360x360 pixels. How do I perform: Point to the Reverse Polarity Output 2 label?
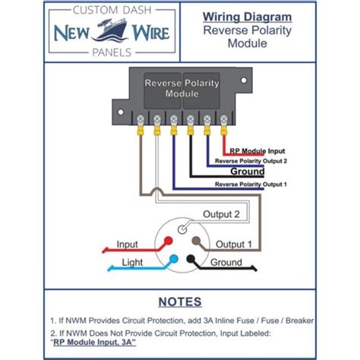(x=251, y=162)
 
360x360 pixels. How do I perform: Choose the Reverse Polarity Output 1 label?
(x=251, y=184)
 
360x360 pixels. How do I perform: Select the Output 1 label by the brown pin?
(x=235, y=245)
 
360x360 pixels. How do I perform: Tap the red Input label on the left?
(x=127, y=245)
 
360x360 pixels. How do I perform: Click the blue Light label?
(x=131, y=263)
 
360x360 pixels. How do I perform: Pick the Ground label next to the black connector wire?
(x=226, y=263)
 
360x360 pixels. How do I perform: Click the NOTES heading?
(x=181, y=302)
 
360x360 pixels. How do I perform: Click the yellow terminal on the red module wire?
(x=224, y=131)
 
